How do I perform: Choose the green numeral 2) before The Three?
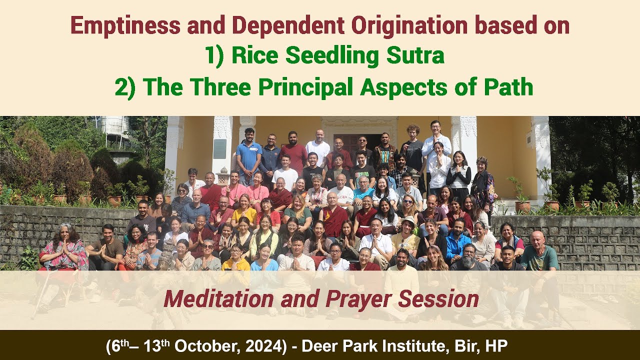tap(125, 87)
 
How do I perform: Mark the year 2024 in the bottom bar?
tap(259, 345)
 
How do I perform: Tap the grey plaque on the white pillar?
tap(220, 149)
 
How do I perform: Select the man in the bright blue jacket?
tap(457, 244)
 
